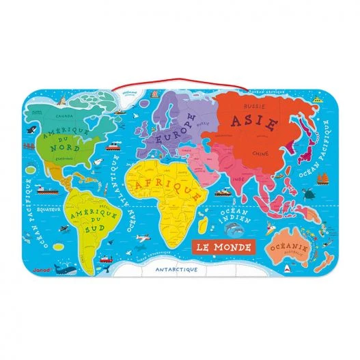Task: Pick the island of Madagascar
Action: click(x=203, y=221)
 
